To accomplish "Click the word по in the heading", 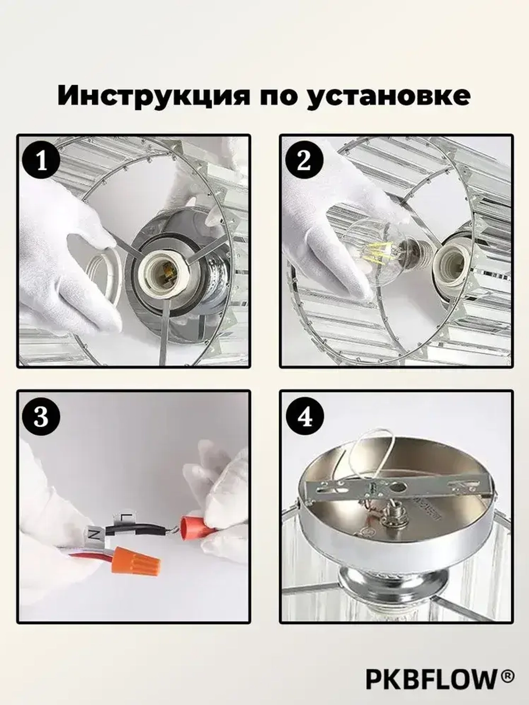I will (x=275, y=96).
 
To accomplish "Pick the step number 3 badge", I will (x=41, y=417).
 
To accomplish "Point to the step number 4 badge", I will (x=304, y=417).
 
